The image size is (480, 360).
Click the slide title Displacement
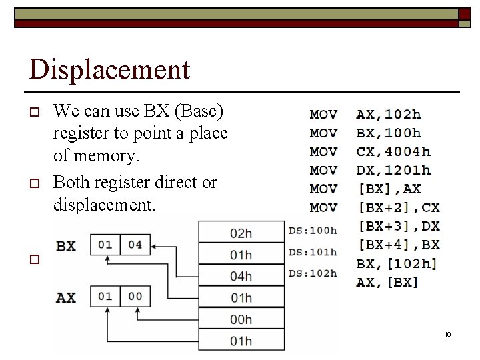point(110,69)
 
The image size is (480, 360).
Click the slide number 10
point(448,334)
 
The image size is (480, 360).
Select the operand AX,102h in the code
point(389,115)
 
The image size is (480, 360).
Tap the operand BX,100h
point(389,133)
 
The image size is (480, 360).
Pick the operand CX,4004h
point(393,152)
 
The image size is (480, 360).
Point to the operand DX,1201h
point(393,171)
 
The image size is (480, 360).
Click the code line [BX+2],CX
point(398,208)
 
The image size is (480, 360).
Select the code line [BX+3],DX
point(398,227)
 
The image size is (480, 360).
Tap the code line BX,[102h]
point(397,264)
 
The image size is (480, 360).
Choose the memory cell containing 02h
point(241,233)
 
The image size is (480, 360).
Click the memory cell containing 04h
point(241,276)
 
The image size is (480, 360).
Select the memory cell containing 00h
point(241,319)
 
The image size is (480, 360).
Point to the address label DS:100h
point(313,231)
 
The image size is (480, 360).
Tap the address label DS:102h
point(313,273)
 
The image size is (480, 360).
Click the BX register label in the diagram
point(66,246)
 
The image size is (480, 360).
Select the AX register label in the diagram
point(66,297)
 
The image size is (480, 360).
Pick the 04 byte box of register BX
point(135,245)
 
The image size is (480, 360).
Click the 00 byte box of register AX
point(135,296)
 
